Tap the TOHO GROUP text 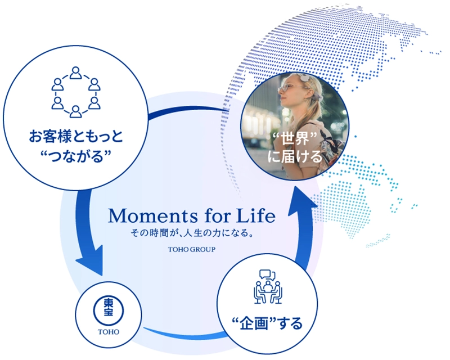(x=192, y=250)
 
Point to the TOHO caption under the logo (x=109, y=332)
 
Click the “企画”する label (x=267, y=323)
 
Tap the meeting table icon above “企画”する (x=268, y=286)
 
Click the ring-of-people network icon (x=76, y=92)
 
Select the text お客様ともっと (x=76, y=136)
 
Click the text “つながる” (x=76, y=156)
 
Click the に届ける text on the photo (x=295, y=156)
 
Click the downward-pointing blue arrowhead (x=90, y=260)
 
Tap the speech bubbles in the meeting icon (x=267, y=274)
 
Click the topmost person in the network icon (x=76, y=73)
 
